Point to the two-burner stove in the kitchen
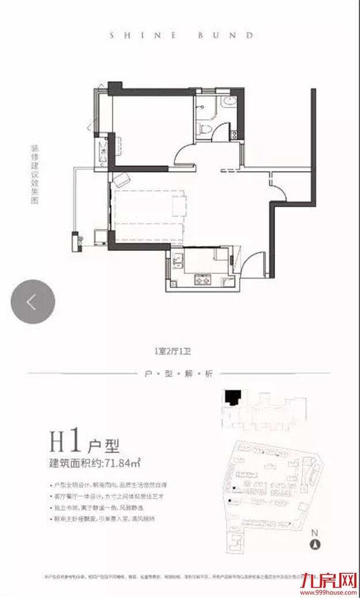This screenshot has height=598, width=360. click(203, 280)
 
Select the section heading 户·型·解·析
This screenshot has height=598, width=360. click(180, 374)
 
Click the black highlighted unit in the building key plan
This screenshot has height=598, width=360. click(232, 398)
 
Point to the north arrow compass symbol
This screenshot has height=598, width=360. click(314, 541)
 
